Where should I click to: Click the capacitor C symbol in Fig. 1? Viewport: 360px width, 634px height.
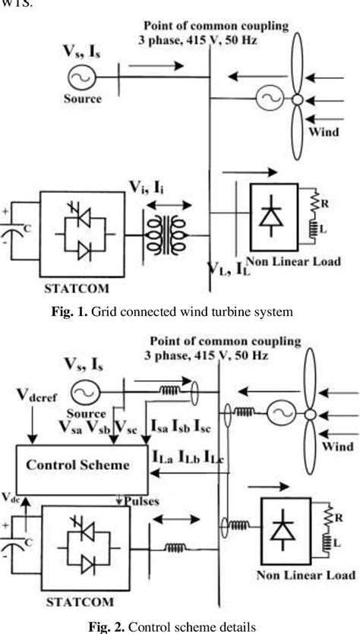[16, 227]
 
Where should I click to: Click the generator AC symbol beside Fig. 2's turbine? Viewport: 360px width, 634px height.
[276, 415]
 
